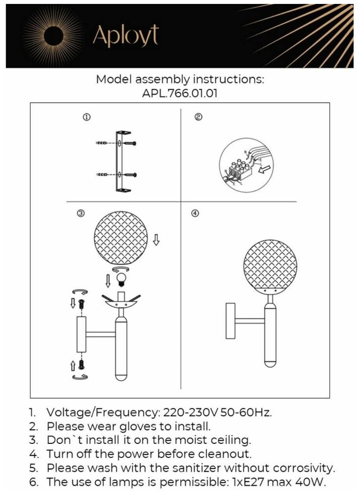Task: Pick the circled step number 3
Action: [x=80, y=213]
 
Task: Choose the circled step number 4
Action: [x=195, y=213]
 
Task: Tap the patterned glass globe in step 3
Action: [x=121, y=238]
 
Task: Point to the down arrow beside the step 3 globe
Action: [x=156, y=240]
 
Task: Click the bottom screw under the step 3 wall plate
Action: [x=82, y=364]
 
